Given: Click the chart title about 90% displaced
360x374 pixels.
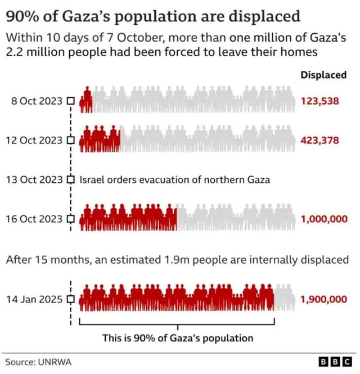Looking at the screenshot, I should click(153, 16).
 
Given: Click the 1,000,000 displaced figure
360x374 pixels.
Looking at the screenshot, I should click(325, 219).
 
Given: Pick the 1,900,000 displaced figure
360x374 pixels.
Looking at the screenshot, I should click(325, 299).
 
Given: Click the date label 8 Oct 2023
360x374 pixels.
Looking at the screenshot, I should click(38, 101).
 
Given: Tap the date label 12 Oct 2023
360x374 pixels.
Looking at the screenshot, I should click(35, 140).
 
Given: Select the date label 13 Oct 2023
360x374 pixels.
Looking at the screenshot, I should click(35, 180).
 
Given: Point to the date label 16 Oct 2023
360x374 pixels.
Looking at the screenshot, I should click(35, 219).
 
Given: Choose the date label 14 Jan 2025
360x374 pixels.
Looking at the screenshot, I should click(35, 299).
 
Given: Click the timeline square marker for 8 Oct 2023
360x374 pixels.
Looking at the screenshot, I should click(71, 101).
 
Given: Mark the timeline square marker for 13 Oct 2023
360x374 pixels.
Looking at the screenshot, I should click(71, 180).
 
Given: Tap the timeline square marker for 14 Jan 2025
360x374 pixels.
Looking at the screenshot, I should click(71, 299).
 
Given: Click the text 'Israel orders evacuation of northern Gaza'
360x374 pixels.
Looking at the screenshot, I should click(175, 180).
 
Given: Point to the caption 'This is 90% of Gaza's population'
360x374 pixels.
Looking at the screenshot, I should click(178, 338).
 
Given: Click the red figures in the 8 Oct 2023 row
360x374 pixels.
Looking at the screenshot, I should click(86, 101).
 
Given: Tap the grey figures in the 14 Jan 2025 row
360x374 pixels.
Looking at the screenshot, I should click(285, 298).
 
